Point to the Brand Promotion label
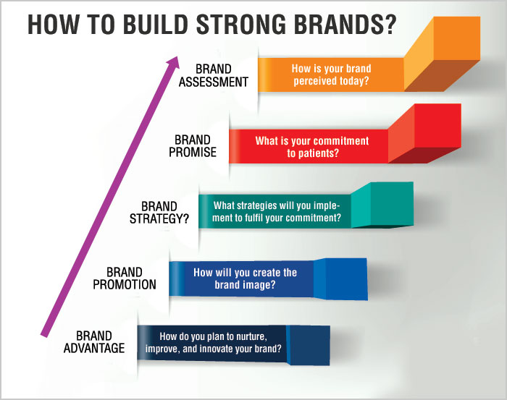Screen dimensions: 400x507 pos(124,278)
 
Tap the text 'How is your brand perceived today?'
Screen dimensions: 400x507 pos(331,75)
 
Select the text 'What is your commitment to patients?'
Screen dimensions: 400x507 pos(312,147)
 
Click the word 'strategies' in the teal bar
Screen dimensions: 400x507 pos(262,205)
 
